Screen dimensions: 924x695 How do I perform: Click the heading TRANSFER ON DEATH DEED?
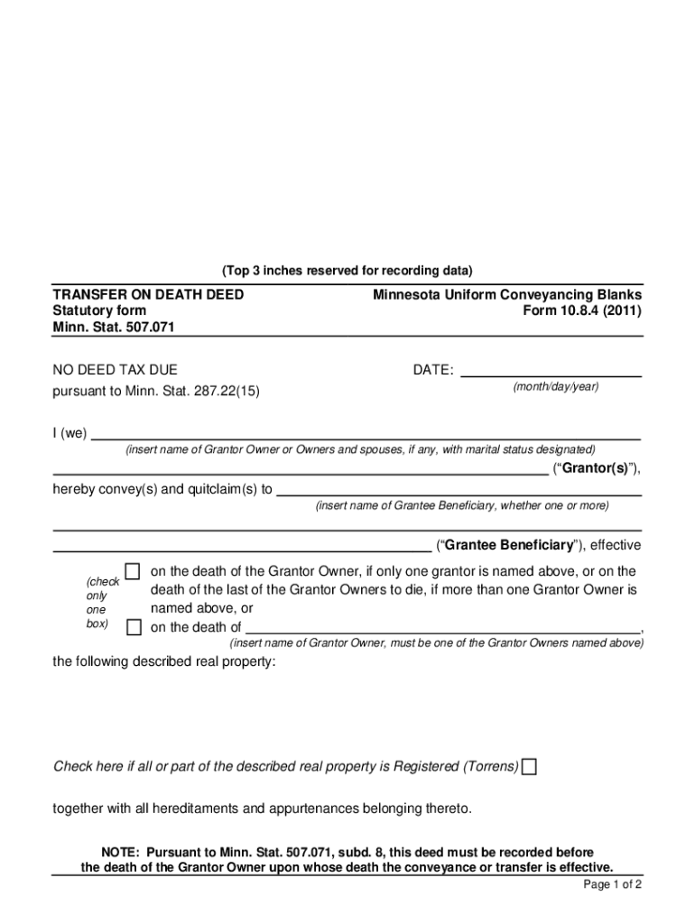click(x=148, y=295)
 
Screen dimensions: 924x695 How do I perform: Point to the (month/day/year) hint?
click(x=555, y=387)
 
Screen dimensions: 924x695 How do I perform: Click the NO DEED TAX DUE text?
click(x=115, y=370)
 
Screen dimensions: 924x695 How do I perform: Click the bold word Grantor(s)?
click(x=597, y=467)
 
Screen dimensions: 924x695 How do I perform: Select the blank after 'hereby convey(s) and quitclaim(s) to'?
click(x=458, y=489)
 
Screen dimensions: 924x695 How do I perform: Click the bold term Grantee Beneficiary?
click(x=508, y=545)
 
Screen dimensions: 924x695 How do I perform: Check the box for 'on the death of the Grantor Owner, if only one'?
click(x=133, y=571)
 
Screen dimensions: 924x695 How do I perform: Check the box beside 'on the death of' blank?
click(x=134, y=627)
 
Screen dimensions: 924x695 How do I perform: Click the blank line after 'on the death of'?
click(x=442, y=628)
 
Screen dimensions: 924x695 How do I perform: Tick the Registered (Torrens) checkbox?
click(x=529, y=767)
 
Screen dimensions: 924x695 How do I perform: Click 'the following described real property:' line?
click(x=164, y=661)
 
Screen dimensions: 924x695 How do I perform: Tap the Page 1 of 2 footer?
click(x=612, y=884)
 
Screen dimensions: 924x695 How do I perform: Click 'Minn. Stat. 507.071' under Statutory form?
click(x=113, y=327)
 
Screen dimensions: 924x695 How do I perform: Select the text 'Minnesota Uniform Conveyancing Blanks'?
click(x=507, y=295)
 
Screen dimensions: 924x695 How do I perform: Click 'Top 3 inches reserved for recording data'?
click(x=347, y=271)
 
